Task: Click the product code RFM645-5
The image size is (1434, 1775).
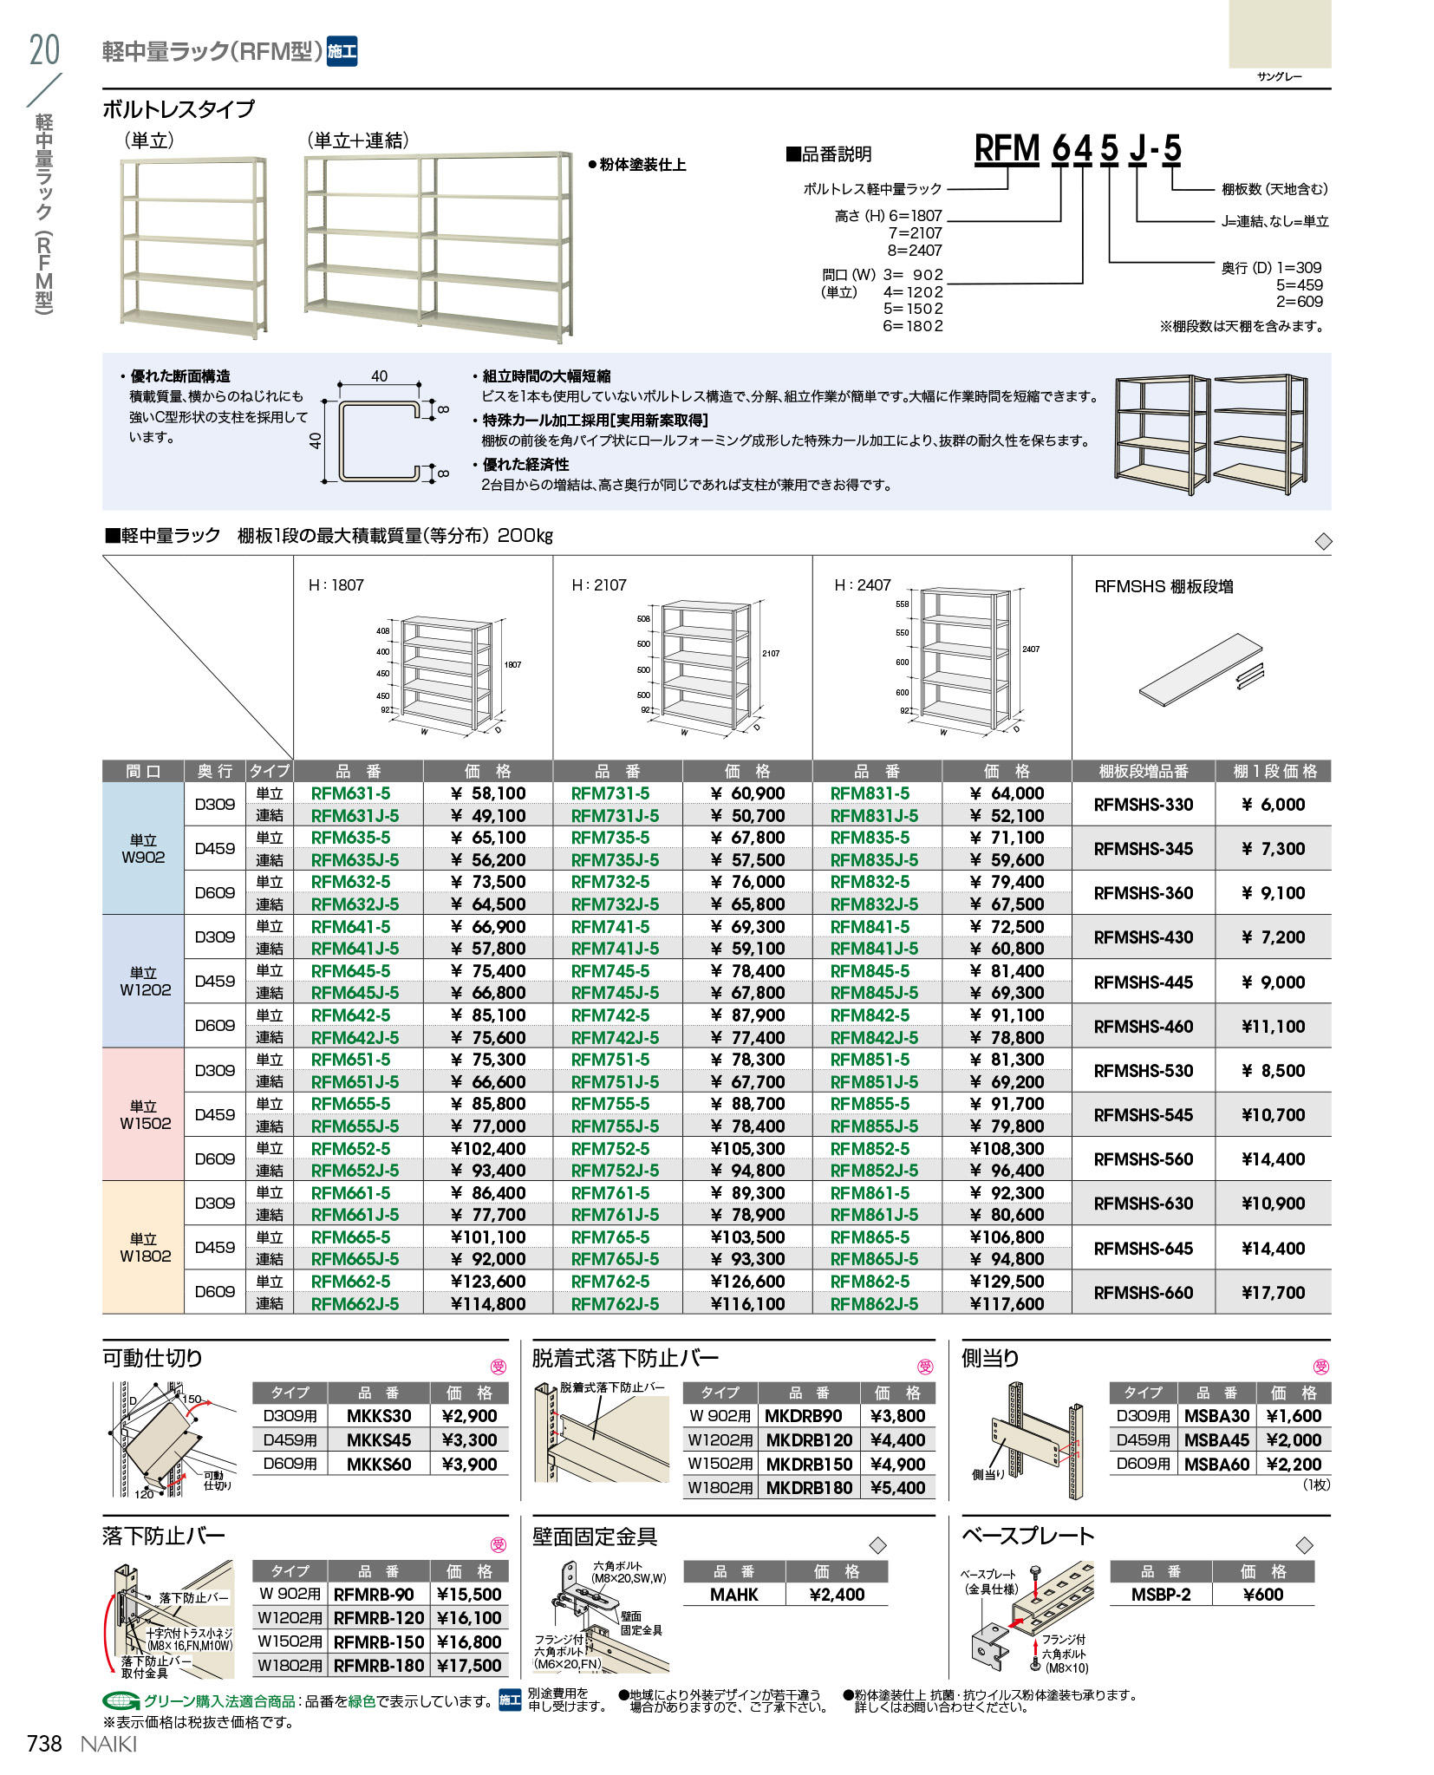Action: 350,971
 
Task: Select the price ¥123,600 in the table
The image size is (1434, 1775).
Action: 488,1282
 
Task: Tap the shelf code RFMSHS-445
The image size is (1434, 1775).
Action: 1143,982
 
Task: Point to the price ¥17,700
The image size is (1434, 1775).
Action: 1273,1293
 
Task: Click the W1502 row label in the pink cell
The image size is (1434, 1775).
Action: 145,1115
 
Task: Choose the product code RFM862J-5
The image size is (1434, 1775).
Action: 874,1304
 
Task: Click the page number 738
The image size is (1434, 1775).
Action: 45,1744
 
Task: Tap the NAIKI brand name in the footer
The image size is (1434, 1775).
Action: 108,1744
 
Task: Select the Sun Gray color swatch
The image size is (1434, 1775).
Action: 1279,35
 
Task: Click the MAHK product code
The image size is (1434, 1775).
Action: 733,1595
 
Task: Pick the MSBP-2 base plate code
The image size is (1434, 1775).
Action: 1161,1595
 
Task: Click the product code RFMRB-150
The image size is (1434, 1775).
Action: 379,1641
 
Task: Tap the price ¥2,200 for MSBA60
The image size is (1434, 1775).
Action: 1294,1465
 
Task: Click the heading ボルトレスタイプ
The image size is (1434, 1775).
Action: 179,109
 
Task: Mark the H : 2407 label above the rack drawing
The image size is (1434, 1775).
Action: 862,585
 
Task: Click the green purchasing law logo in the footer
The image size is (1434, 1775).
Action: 121,1700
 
